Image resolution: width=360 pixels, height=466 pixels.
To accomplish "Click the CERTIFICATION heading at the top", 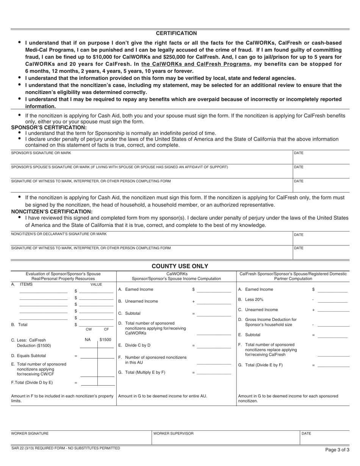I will coord(176,33).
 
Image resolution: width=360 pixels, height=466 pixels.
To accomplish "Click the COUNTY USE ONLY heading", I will coord(180,266).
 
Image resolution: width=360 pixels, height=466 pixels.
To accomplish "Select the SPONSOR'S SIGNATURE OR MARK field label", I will coord(41,153).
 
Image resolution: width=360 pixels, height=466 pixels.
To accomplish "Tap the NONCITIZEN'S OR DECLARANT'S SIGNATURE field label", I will coord(59,234).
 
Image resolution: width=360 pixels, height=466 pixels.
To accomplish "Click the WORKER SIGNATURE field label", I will coord(30,433).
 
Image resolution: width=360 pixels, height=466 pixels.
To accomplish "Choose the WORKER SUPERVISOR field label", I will coord(173,433).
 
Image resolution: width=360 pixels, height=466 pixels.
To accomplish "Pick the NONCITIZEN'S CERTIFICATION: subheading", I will coord(52,211).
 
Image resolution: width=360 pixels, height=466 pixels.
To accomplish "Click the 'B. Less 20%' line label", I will coord(250,300).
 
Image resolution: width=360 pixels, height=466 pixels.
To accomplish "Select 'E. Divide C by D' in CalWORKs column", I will coord(136,345).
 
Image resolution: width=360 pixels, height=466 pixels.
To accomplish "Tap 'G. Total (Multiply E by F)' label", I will coord(141,372).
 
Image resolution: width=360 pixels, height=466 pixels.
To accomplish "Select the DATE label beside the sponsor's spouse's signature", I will coord(299,167).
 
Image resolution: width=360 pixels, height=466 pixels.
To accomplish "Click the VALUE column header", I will coord(96,284).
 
